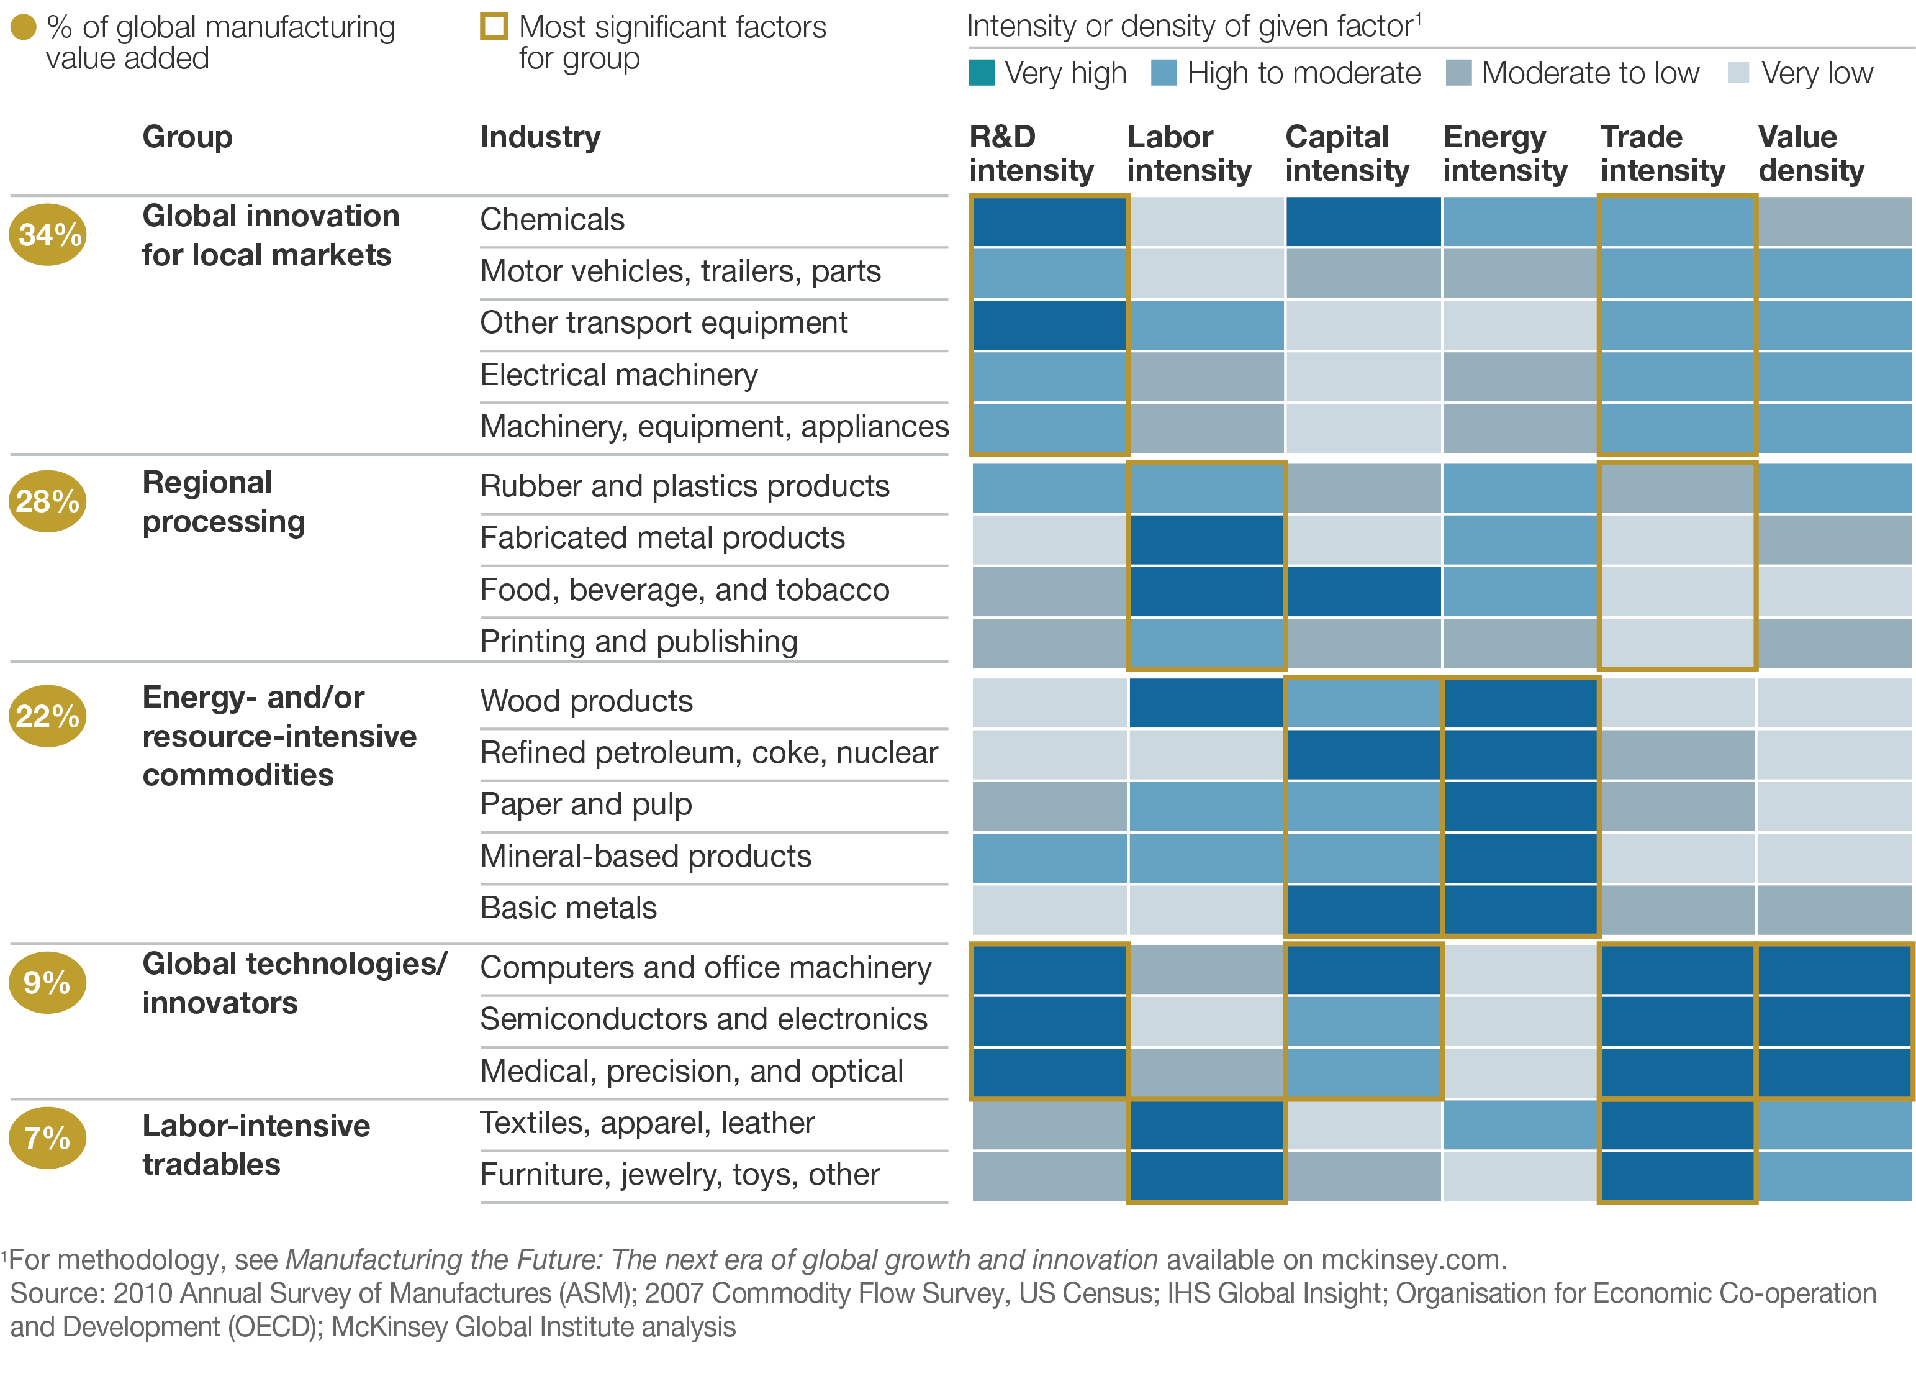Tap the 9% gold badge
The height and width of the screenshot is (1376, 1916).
point(47,982)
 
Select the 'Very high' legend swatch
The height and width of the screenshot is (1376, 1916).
point(981,73)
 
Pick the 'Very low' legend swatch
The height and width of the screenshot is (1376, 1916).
point(1738,73)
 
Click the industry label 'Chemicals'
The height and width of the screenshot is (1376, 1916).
point(552,220)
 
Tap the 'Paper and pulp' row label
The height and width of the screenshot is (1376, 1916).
point(585,804)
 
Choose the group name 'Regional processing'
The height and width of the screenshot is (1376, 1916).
point(223,502)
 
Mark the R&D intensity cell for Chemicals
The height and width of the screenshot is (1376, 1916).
point(1049,221)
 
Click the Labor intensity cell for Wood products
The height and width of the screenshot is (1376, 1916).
point(1206,703)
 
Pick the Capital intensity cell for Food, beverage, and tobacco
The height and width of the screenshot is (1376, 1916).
point(1363,591)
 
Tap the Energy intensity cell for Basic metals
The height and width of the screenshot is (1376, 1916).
point(1520,909)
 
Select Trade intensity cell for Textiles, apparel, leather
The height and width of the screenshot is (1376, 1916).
point(1677,1125)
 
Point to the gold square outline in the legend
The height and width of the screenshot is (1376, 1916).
point(494,26)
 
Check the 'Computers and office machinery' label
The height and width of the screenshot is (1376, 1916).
point(705,968)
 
